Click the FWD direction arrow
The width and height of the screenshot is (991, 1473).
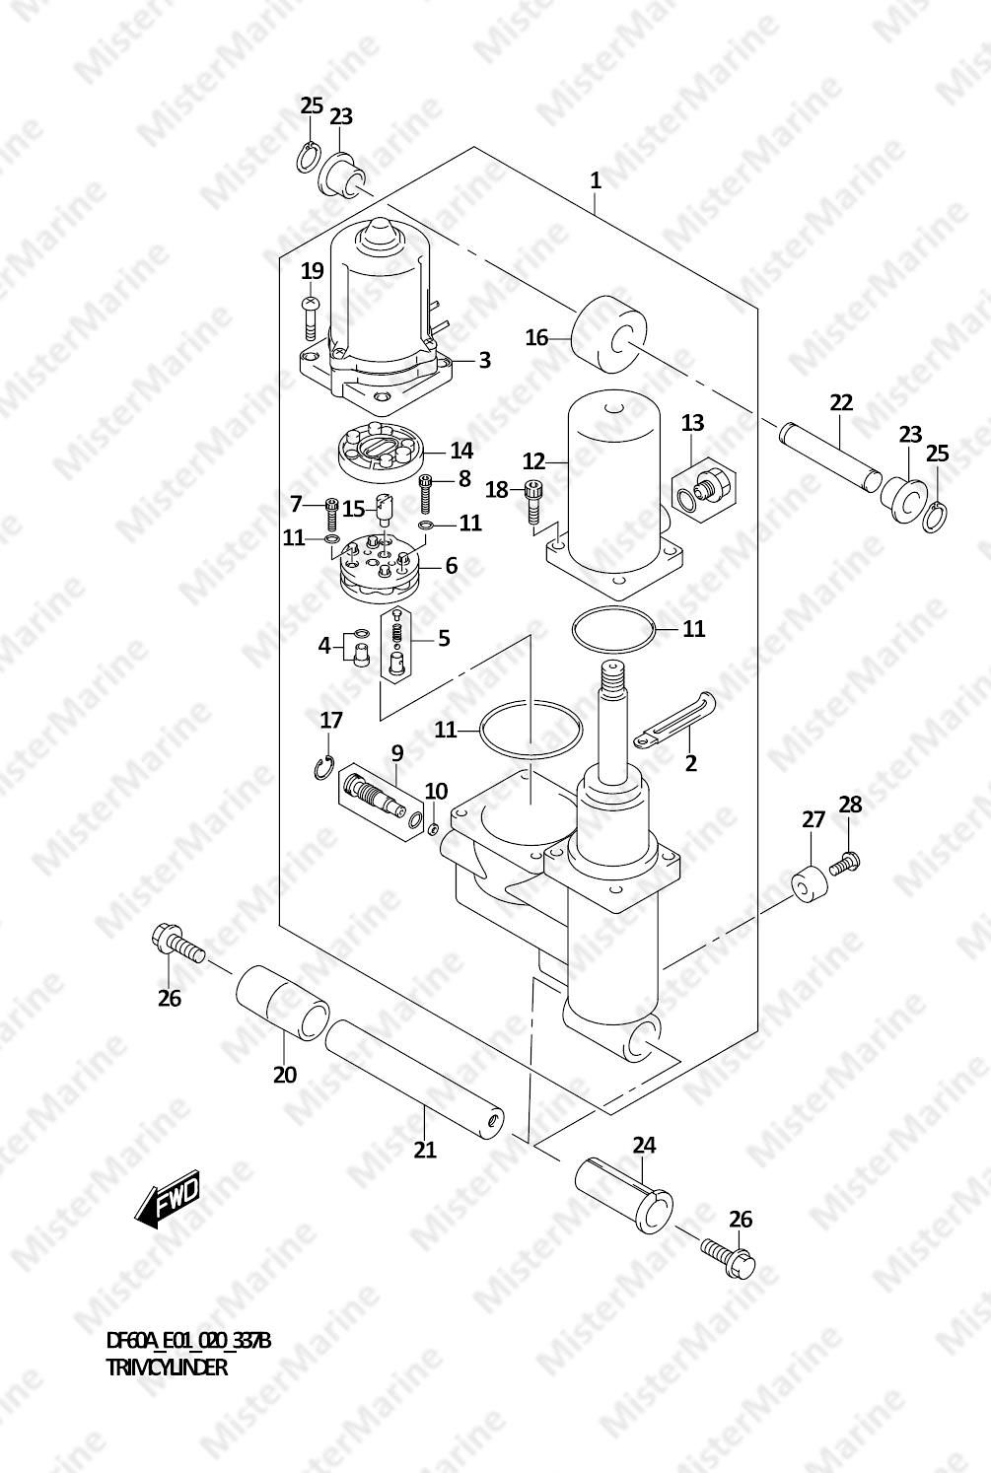click(166, 1196)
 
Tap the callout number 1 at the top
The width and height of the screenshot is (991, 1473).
click(596, 180)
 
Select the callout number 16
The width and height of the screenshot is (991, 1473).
click(536, 337)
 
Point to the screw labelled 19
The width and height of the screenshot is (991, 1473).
click(311, 316)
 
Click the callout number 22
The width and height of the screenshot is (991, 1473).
click(841, 402)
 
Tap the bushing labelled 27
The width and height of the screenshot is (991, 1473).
click(809, 886)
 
